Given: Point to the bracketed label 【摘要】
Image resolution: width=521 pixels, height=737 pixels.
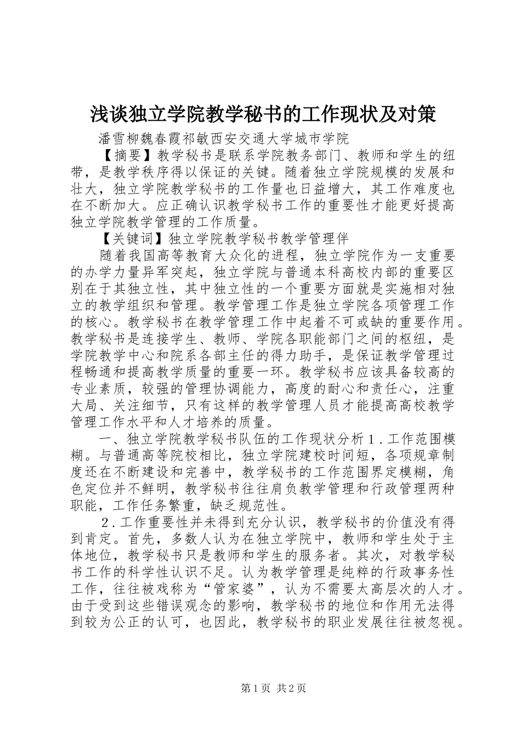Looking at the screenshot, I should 127,152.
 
